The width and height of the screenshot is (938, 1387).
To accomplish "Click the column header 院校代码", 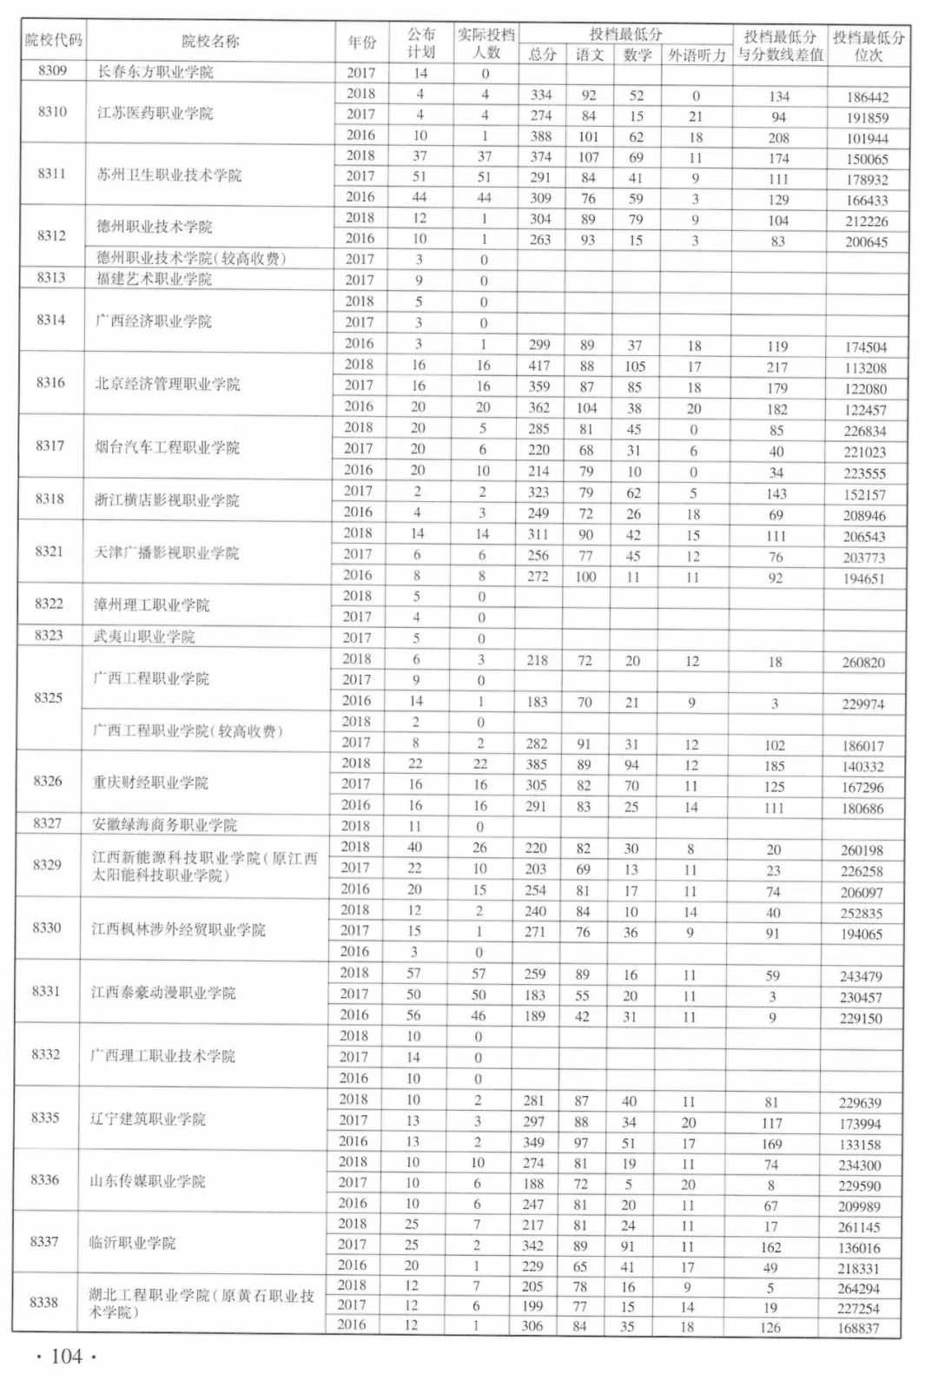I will point(53,40).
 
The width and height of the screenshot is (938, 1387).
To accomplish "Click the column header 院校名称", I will point(210,41).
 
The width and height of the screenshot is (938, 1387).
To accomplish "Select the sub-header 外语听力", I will point(697,55).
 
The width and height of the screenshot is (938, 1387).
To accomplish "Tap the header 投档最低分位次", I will point(869,45).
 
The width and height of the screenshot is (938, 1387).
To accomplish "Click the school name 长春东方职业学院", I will point(155,72).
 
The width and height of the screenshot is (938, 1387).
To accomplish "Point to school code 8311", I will point(52,174).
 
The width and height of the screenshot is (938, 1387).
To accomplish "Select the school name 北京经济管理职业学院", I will point(168,384).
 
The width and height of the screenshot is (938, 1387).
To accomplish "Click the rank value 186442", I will point(867,97).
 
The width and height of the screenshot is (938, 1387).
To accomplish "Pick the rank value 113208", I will point(865,368).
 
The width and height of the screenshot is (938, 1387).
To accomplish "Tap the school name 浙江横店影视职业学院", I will point(167,500).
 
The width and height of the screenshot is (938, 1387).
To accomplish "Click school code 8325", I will point(49,698).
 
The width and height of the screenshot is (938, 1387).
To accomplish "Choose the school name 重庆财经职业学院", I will point(150,783).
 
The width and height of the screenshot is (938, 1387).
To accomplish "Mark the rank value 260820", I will point(863,663).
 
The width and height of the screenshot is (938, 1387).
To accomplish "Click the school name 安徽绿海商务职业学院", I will point(165,825).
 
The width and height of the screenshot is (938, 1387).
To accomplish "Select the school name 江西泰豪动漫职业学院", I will point(163,993).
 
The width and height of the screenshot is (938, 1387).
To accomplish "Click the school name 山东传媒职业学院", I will point(148,1181).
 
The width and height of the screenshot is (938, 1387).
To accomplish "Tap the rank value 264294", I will point(859,1289).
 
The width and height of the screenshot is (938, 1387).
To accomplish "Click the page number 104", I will point(66,1357).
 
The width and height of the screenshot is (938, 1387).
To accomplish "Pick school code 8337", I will point(45,1242).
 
